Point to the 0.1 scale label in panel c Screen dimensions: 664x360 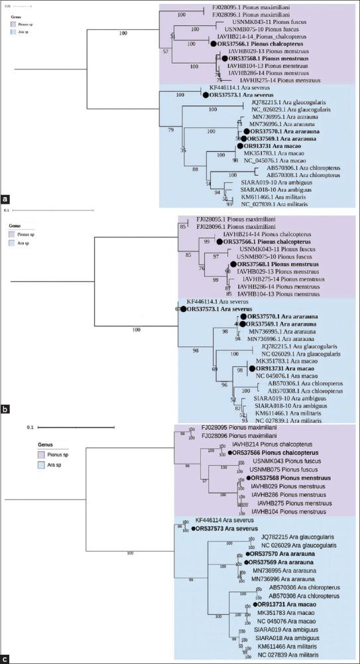(x=30, y=428)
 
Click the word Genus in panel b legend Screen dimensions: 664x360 (x=17, y=226)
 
